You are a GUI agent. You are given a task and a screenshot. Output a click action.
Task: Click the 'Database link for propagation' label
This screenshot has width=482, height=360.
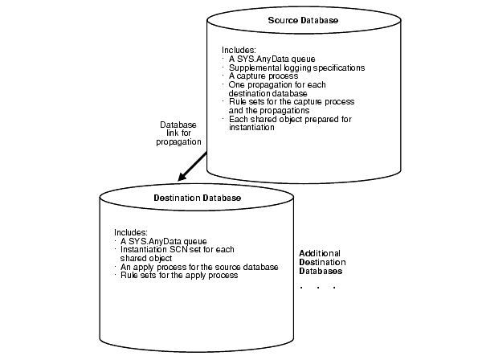click(x=178, y=133)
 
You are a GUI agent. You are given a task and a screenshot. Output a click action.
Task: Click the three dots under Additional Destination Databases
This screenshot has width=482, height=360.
click(x=317, y=287)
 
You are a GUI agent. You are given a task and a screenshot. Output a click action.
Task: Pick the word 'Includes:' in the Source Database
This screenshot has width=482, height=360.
click(x=238, y=50)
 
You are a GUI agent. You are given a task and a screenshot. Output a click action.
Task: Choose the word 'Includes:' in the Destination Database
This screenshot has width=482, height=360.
click(x=131, y=231)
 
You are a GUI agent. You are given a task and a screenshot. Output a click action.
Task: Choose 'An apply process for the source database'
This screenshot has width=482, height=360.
click(x=198, y=267)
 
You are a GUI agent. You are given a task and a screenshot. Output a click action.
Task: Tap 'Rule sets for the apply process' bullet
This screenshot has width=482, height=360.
click(x=178, y=276)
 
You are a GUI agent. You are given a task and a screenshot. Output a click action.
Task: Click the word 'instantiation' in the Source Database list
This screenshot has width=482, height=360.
click(x=252, y=128)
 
